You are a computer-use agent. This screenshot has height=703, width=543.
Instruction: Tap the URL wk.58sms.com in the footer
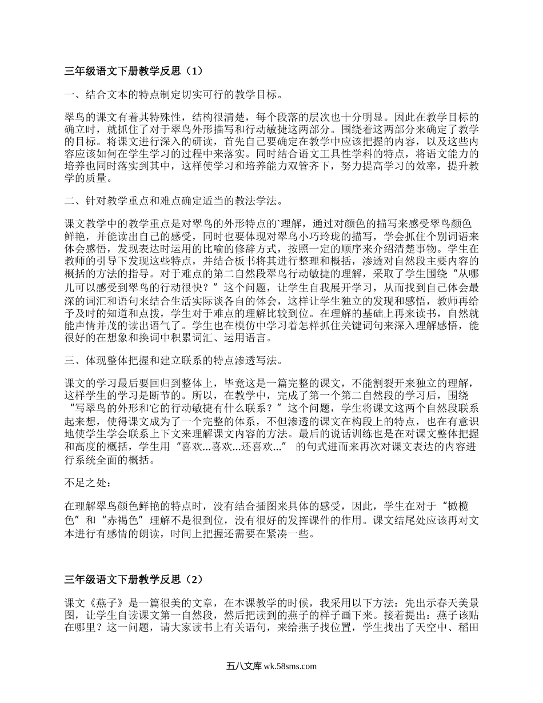tap(289, 666)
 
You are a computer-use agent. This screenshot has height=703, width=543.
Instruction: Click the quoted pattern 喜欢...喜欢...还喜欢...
tap(235, 447)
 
